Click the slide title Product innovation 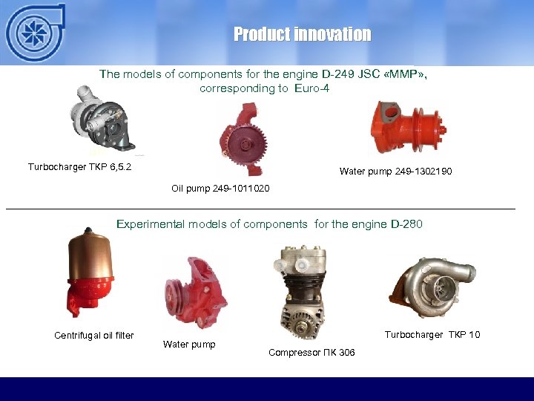click(303, 34)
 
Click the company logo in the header click(35, 33)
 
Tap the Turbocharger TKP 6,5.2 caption click(79, 166)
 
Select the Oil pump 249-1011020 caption click(220, 189)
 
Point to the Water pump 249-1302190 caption click(395, 172)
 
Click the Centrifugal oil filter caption click(93, 336)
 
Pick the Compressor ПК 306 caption click(311, 352)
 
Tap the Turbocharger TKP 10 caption click(432, 334)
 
